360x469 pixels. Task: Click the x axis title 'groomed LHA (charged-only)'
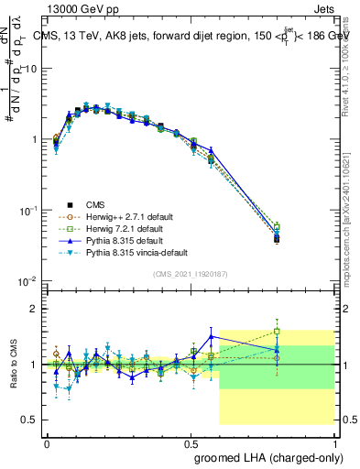pyautogui.click(x=267, y=456)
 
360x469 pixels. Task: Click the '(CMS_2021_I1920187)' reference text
pyautogui.click(x=190, y=274)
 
